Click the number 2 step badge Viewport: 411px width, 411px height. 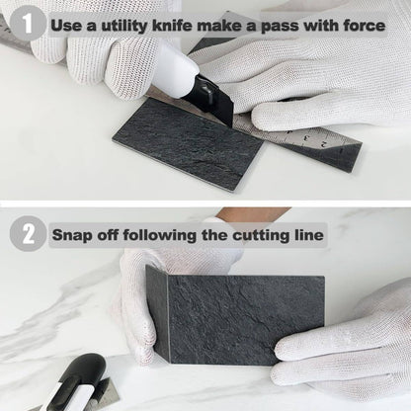27,234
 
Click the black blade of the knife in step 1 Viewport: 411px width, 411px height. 220,105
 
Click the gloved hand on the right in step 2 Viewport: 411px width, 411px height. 346,346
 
